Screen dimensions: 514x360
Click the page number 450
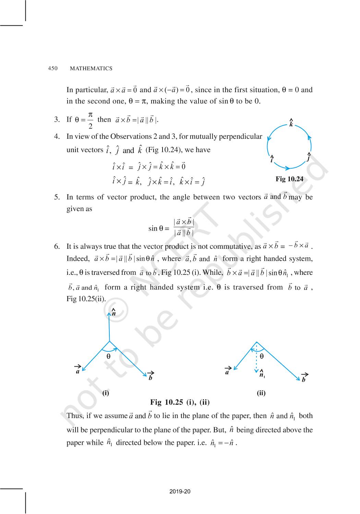(53, 68)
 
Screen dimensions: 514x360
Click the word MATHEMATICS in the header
(91, 69)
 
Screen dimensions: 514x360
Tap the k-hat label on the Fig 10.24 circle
(291, 123)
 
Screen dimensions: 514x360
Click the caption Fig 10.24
(289, 179)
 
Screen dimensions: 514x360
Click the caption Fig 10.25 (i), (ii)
(180, 402)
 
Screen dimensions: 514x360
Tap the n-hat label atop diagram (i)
(113, 312)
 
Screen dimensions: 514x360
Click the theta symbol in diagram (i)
(108, 356)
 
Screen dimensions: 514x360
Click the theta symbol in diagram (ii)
(262, 356)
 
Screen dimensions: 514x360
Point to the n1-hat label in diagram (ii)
(262, 374)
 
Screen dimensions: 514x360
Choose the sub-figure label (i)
(106, 393)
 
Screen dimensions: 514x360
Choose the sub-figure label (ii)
(261, 393)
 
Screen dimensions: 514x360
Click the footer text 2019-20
(180, 492)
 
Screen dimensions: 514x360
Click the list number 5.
(57, 197)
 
